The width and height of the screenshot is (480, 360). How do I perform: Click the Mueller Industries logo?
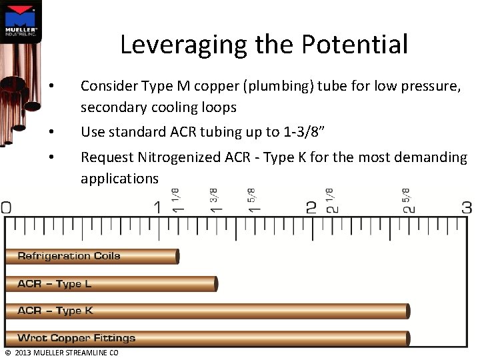point(21,21)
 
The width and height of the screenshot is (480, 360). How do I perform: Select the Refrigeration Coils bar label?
point(69,256)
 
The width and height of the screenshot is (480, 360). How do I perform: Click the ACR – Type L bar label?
point(55,284)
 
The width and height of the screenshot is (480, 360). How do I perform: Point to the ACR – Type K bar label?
point(55,311)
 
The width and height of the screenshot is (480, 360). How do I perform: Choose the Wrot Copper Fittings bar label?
point(76,338)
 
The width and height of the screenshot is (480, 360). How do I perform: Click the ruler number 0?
point(5,207)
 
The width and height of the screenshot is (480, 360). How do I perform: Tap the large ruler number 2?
point(311,207)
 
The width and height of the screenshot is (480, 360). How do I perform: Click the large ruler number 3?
point(467,207)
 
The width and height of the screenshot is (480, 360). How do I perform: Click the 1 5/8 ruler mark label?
point(252,200)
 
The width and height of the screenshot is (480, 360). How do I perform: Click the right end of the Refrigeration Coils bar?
point(177,256)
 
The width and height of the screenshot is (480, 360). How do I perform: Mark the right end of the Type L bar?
point(216,284)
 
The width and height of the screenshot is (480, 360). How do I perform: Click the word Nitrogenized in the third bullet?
point(179,157)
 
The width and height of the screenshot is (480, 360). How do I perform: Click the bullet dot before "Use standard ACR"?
point(52,132)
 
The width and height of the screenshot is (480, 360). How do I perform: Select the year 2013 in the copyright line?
point(22,353)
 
